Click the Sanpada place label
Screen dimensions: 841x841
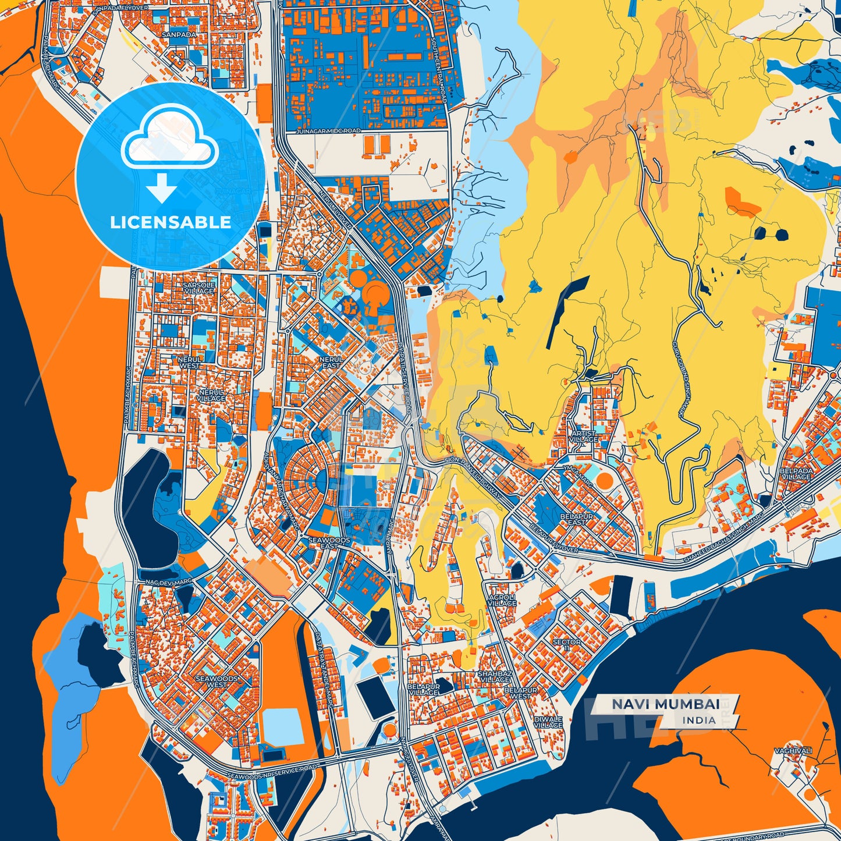pos(179,35)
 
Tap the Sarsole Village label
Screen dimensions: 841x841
pos(199,288)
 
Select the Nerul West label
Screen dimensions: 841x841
pos(190,363)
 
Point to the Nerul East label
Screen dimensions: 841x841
pos(331,363)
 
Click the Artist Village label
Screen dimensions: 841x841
pos(583,436)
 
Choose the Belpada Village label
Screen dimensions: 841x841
pos(796,473)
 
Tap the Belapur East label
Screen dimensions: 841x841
pos(576,519)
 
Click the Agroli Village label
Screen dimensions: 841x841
pos(502,600)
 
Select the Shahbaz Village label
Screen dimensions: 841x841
pos(495,676)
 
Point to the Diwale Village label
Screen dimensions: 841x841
pos(548,722)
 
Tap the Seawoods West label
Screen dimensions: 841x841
pos(217,682)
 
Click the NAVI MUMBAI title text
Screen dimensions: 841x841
pos(665,704)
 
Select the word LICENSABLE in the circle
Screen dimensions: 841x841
pos(171,222)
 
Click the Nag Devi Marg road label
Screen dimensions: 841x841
pos(168,581)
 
